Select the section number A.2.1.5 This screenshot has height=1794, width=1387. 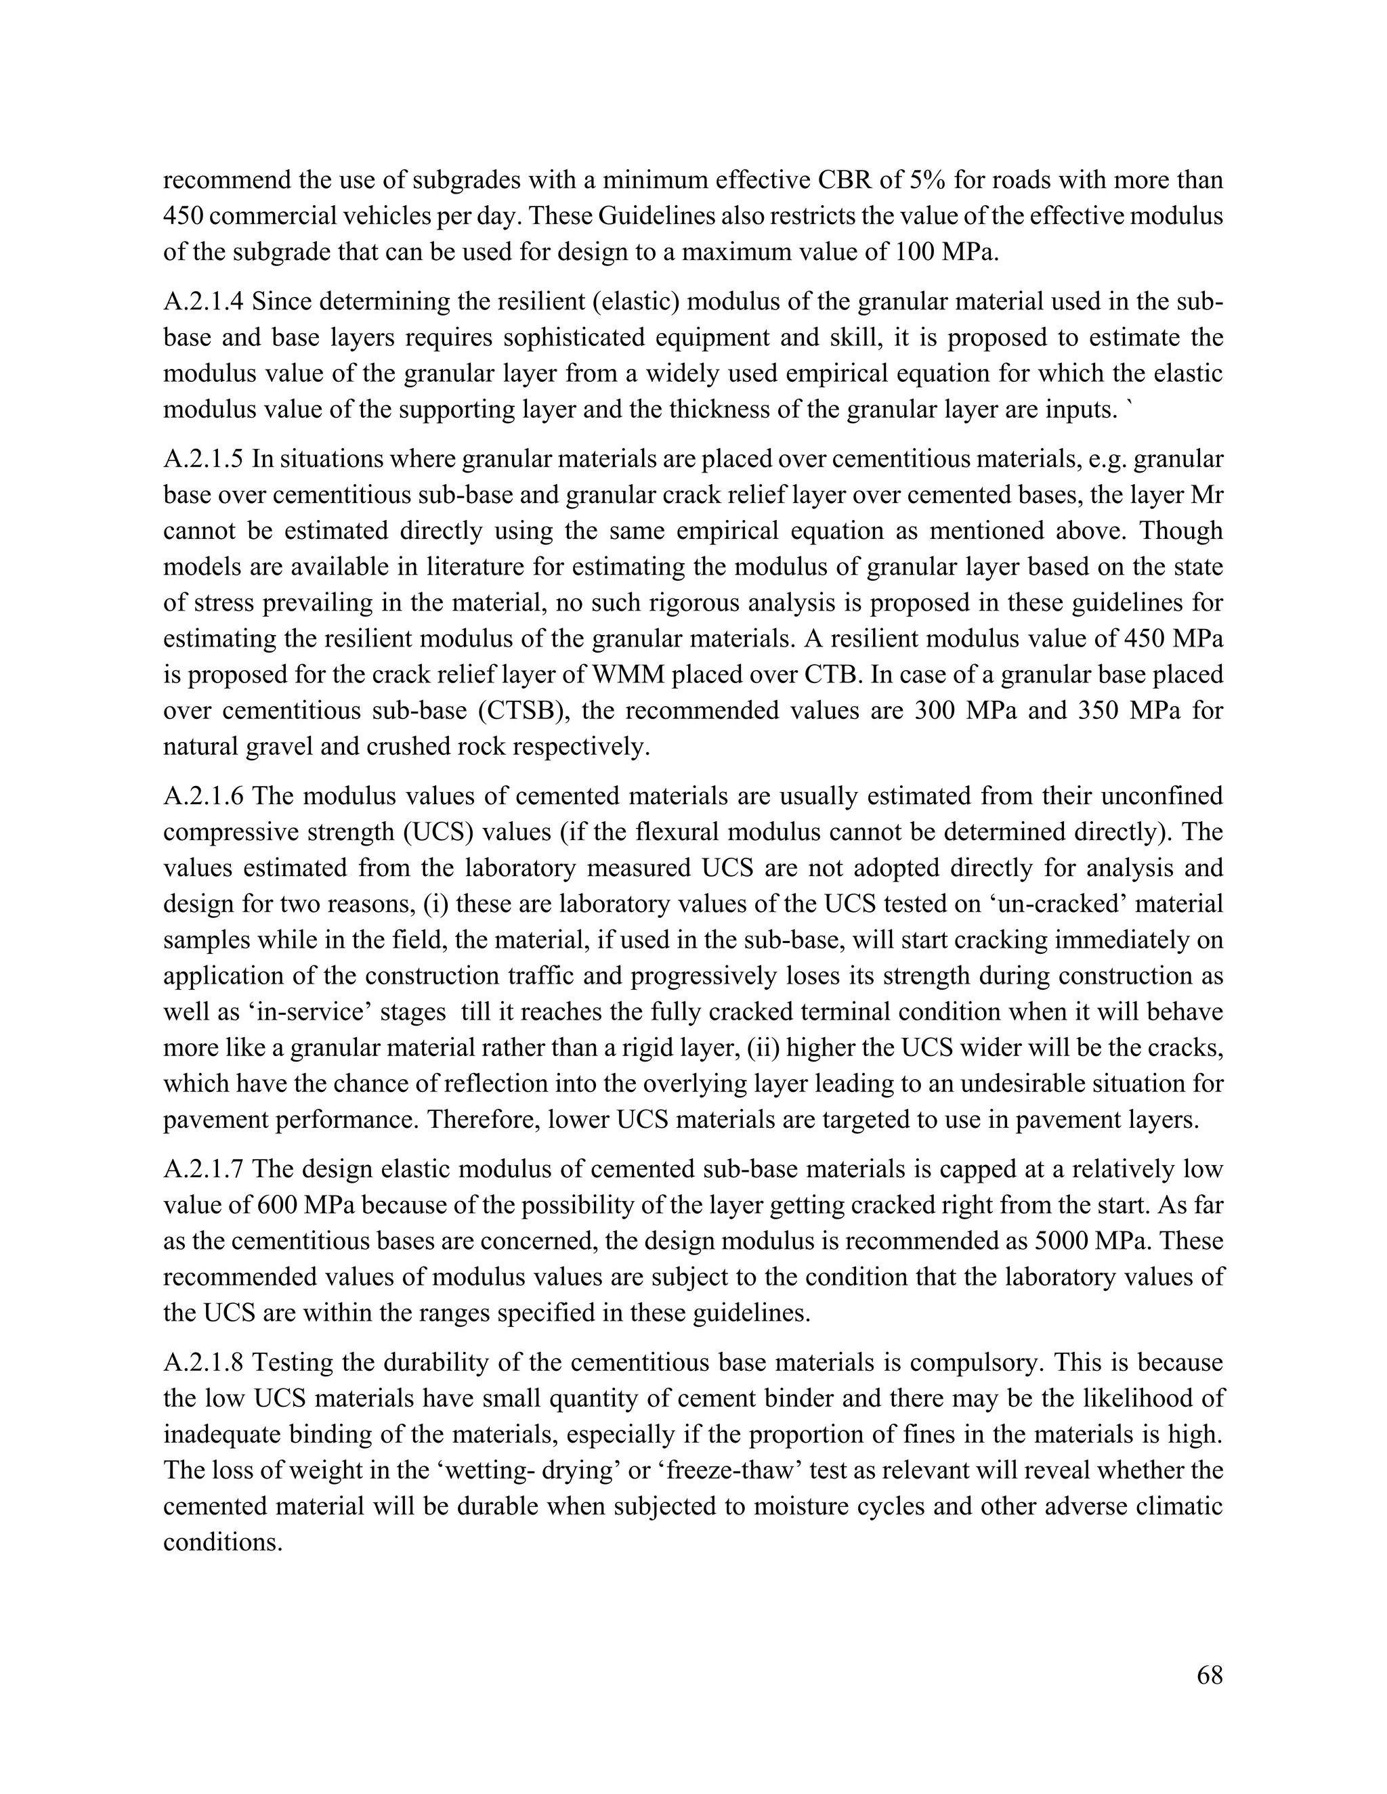point(204,458)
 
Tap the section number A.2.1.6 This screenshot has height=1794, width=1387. point(204,795)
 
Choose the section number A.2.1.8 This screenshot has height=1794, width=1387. point(204,1362)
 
